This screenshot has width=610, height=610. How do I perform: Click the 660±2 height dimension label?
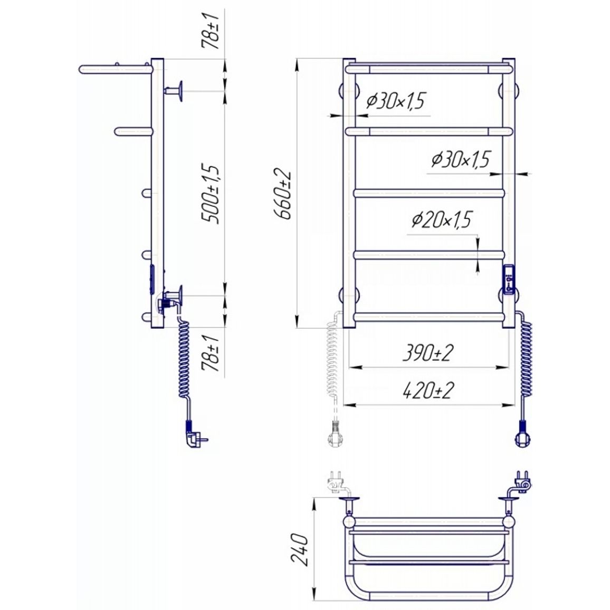[x=283, y=193]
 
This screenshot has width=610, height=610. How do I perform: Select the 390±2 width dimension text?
[x=428, y=352]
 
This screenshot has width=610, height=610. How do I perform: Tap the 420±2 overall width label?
[x=428, y=390]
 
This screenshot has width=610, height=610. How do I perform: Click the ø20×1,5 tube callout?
[x=441, y=220]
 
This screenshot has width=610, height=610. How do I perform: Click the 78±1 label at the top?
[x=211, y=31]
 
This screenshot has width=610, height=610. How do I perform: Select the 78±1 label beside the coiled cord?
[x=211, y=354]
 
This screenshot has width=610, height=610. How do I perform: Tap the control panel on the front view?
[x=509, y=279]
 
